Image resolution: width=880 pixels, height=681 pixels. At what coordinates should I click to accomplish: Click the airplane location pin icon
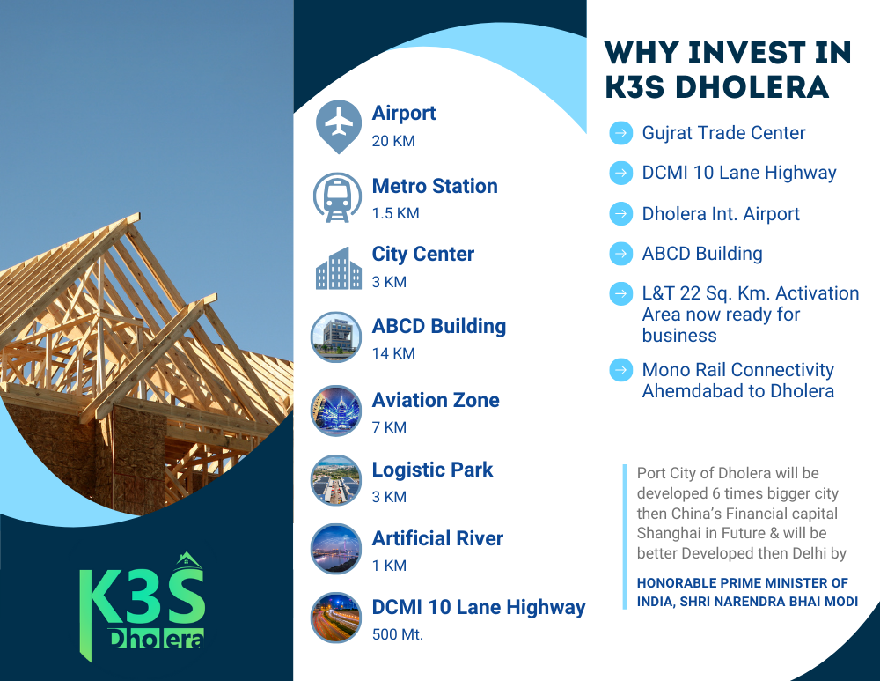click(x=339, y=127)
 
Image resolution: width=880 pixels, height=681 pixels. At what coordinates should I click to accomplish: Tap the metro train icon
click(x=337, y=197)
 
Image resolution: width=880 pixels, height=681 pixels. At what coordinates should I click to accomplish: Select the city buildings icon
click(x=339, y=269)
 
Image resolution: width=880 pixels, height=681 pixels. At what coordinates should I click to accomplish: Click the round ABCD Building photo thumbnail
click(x=336, y=337)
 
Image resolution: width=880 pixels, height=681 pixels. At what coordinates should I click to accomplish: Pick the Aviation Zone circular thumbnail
click(x=336, y=411)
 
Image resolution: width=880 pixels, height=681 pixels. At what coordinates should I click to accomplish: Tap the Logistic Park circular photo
click(x=336, y=480)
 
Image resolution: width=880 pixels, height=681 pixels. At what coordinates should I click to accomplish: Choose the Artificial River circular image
click(x=336, y=549)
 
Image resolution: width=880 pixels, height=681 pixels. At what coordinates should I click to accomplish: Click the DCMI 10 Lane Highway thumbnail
click(x=336, y=618)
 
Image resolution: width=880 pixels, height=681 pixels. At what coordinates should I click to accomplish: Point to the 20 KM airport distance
click(x=393, y=141)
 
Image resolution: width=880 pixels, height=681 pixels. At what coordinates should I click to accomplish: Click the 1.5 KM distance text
click(x=396, y=213)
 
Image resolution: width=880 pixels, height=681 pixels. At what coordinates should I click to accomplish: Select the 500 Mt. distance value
click(x=398, y=634)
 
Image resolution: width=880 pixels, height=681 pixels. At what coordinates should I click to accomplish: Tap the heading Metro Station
click(x=435, y=186)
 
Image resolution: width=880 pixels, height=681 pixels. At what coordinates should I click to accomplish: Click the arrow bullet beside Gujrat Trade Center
click(x=620, y=133)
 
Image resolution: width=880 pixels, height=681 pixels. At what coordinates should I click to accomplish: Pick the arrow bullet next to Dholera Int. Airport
click(x=620, y=213)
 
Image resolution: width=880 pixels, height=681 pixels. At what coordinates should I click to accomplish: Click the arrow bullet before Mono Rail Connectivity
click(x=620, y=370)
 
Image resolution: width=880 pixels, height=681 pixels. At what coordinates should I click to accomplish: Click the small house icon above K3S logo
click(x=188, y=559)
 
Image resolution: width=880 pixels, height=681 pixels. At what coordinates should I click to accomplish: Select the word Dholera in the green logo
click(x=156, y=639)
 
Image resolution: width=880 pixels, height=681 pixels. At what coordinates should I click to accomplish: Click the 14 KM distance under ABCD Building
click(x=393, y=353)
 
